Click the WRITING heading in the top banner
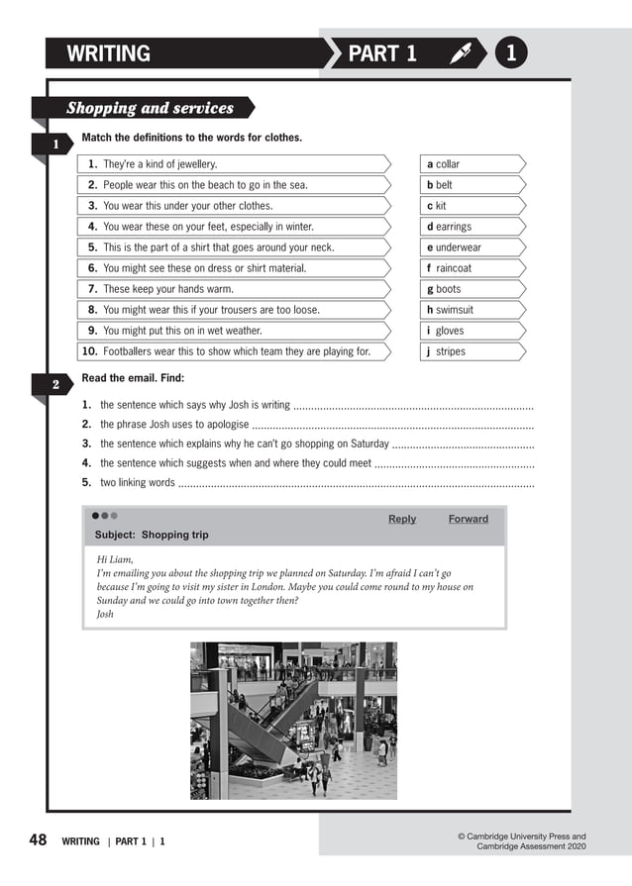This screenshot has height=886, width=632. click(109, 54)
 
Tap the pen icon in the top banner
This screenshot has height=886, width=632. click(460, 54)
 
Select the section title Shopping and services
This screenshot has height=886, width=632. click(150, 108)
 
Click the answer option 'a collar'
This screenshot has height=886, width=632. click(443, 164)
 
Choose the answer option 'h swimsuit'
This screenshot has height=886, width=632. click(450, 310)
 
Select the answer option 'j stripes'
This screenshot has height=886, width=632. click(445, 351)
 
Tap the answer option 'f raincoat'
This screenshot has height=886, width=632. click(450, 268)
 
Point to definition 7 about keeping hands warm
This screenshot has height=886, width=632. click(167, 289)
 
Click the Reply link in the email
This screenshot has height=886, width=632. click(402, 519)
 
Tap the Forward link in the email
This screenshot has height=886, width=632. click(468, 519)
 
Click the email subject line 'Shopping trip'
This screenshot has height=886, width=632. click(152, 535)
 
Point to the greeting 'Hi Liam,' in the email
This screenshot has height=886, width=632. click(115, 559)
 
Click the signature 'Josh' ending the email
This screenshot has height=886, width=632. click(105, 614)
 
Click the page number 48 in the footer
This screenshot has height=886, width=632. click(38, 840)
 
